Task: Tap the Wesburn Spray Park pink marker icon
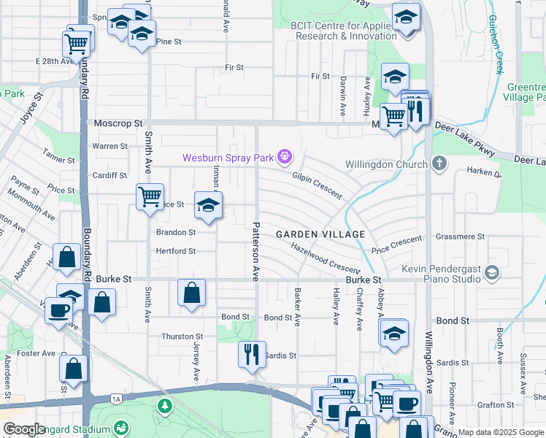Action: click(x=285, y=156)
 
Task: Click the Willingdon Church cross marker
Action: click(x=439, y=163)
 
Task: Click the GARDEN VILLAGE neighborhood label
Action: click(x=320, y=234)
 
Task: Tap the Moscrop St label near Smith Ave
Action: click(x=118, y=124)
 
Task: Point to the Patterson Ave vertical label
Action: click(x=256, y=252)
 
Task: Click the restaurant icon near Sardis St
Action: click(x=252, y=355)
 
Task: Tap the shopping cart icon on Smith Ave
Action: click(x=150, y=196)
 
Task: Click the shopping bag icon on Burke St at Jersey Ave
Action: click(x=191, y=293)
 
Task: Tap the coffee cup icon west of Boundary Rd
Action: click(x=58, y=310)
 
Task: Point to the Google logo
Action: click(x=24, y=429)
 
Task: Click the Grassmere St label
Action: click(x=460, y=237)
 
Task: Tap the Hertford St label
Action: click(x=176, y=251)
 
